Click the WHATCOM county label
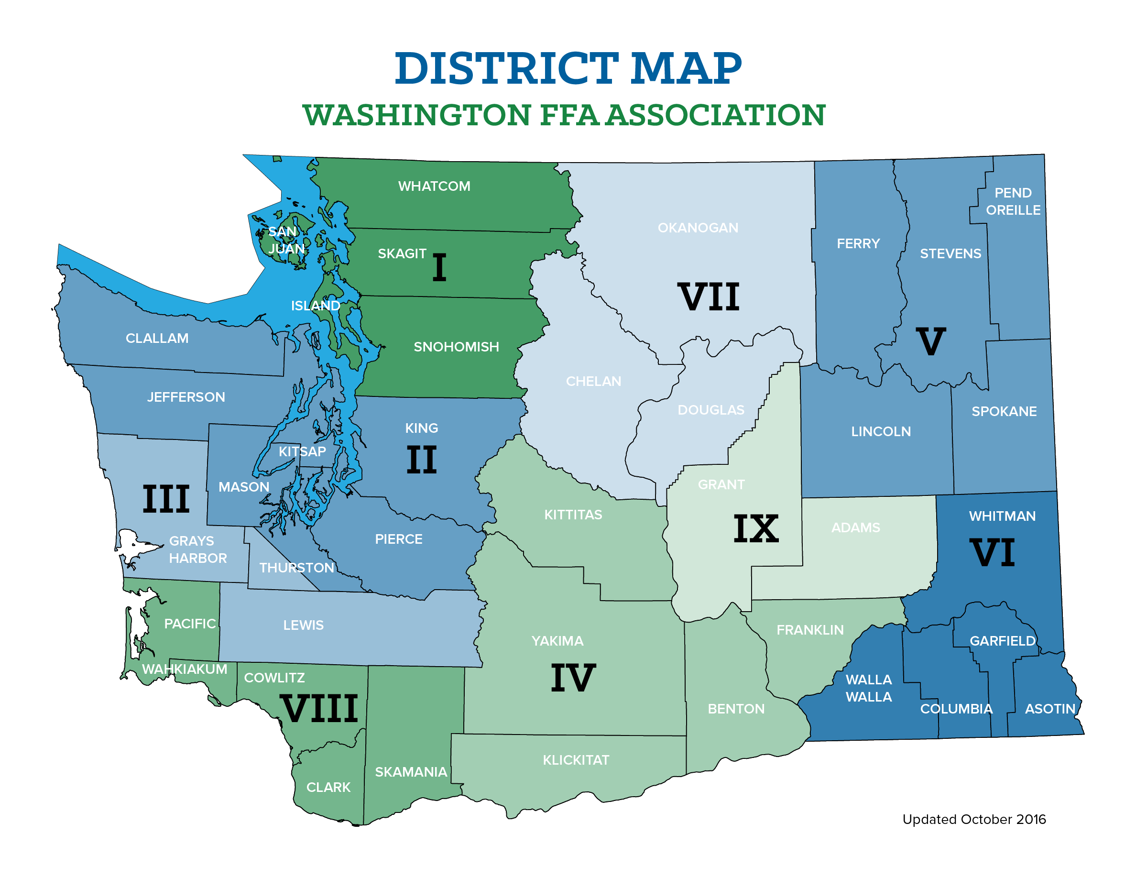434,186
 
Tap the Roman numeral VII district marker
709,297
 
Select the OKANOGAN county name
698,228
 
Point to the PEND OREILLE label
1013,201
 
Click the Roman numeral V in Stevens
930,342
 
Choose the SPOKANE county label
1004,411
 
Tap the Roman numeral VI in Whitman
993,553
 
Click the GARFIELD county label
1002,641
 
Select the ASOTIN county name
1049,709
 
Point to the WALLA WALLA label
869,688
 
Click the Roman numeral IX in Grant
756,529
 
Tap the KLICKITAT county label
576,760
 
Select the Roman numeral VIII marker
319,708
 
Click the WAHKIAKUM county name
185,669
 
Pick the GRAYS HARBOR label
197,549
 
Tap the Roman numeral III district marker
166,499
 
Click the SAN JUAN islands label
285,240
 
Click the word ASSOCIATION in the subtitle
716,115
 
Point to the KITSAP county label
302,451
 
